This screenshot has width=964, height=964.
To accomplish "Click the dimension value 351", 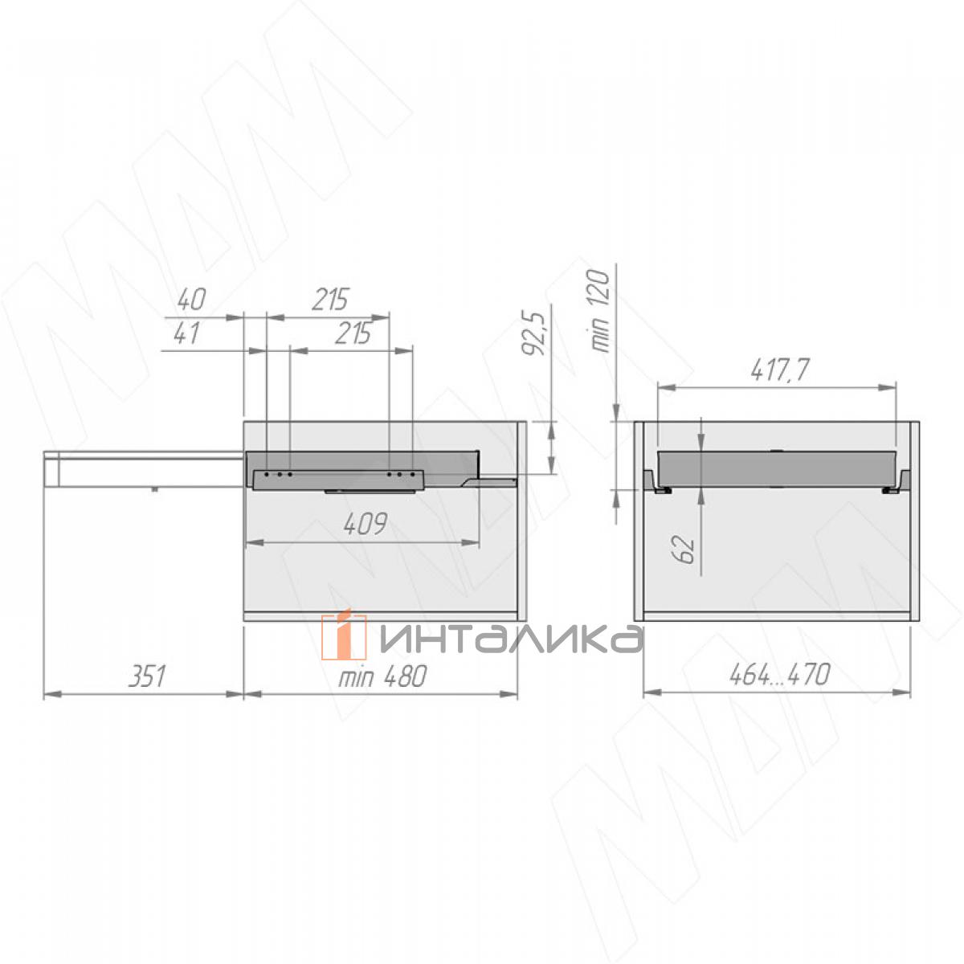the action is [x=147, y=676].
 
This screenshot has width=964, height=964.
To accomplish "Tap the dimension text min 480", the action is [x=382, y=676].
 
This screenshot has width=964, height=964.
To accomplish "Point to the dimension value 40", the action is [x=192, y=299].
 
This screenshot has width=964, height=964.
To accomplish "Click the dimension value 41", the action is [x=187, y=333].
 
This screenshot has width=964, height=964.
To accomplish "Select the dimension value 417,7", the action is [x=779, y=370].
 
